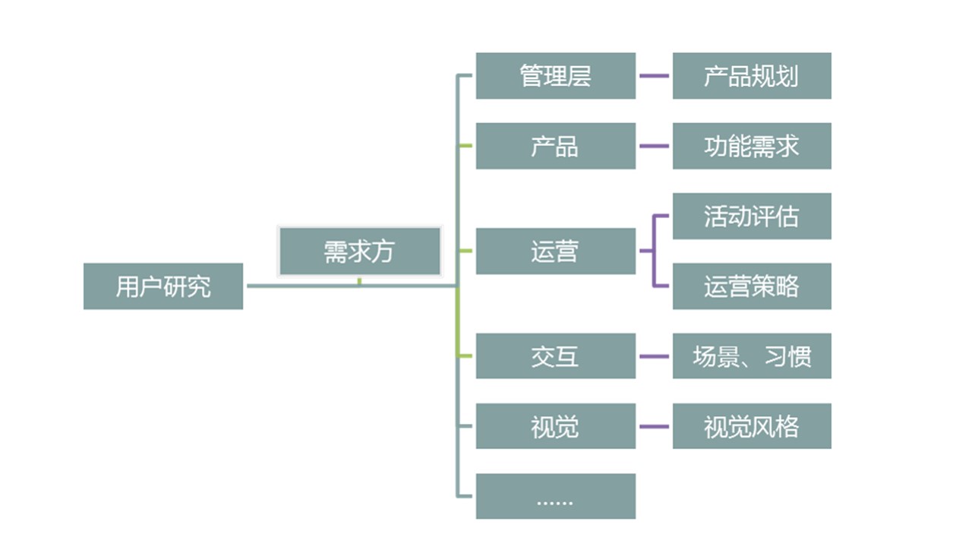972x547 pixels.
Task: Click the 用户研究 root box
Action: [163, 286]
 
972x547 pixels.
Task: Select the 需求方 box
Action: [359, 251]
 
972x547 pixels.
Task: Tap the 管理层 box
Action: [555, 76]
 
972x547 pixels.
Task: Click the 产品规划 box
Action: [752, 76]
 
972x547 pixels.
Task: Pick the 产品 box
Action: [555, 146]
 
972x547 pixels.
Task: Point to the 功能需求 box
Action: [752, 146]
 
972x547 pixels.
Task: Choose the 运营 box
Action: [555, 251]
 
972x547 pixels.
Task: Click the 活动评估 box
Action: [752, 216]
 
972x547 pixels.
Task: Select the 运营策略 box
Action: [752, 286]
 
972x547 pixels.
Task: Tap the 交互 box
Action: [555, 356]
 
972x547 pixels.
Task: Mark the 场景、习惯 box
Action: [752, 356]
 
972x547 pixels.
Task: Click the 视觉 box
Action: [555, 426]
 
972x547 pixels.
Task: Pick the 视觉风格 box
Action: [752, 426]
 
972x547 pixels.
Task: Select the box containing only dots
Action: [555, 496]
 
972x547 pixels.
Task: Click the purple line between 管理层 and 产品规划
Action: [654, 76]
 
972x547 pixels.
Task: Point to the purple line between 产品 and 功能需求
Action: [654, 146]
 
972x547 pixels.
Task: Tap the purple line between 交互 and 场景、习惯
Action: [654, 356]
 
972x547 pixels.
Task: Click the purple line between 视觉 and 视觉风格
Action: [654, 426]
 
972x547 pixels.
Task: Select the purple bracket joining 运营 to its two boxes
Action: [654, 251]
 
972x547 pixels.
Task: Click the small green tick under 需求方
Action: [359, 282]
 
